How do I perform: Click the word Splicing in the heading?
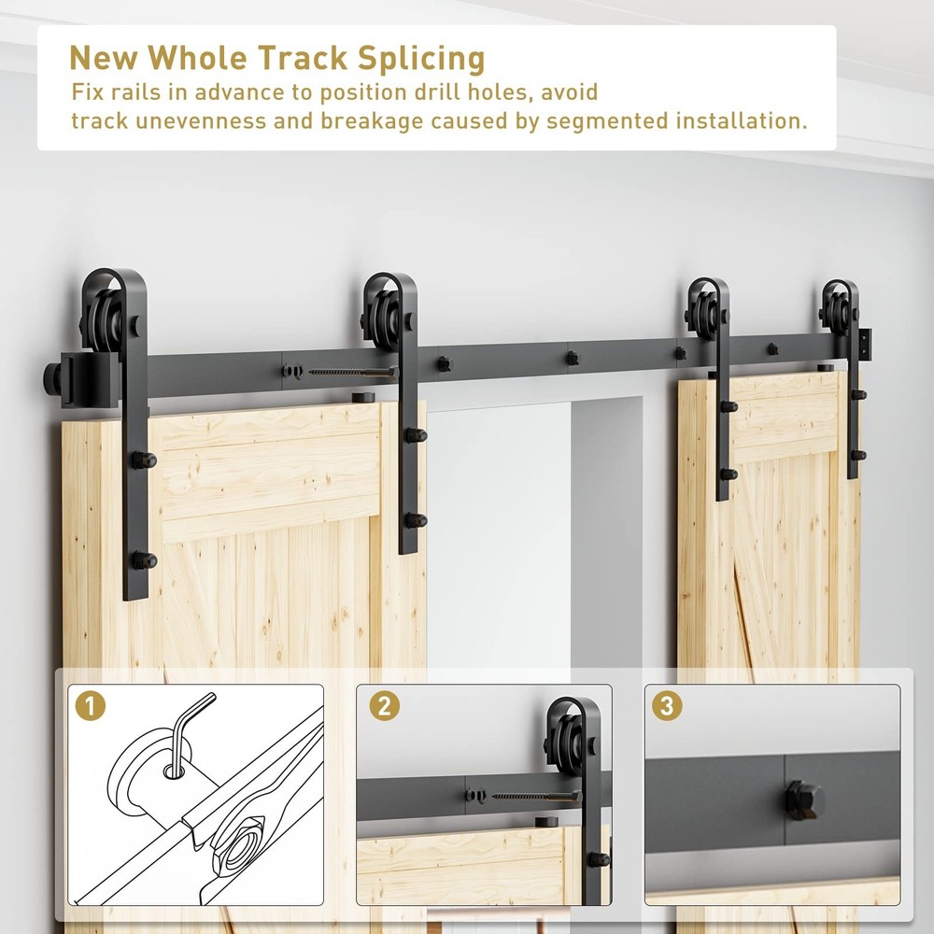(421, 59)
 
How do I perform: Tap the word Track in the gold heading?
(303, 58)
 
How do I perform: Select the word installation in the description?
(741, 120)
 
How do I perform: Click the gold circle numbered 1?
(91, 706)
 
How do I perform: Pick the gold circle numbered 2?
(384, 706)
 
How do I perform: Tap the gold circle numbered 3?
(667, 706)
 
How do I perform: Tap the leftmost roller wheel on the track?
(103, 318)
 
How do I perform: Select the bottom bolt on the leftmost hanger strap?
(144, 560)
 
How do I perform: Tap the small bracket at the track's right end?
(864, 345)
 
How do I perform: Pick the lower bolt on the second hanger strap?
(417, 520)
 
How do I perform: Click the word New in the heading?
(104, 58)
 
